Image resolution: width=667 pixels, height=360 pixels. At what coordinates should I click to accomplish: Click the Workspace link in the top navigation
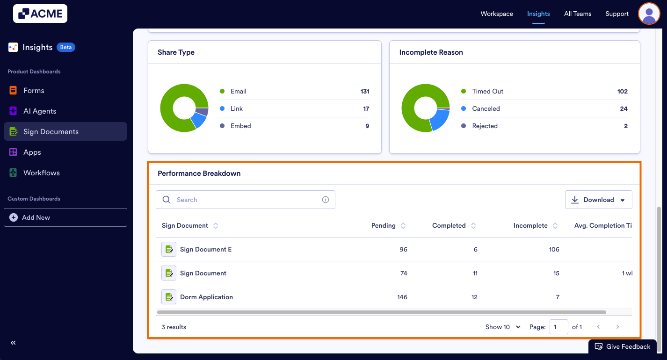(497, 14)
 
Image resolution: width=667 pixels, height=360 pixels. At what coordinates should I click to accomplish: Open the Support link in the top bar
(616, 14)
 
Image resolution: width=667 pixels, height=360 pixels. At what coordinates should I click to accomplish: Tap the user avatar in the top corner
(649, 14)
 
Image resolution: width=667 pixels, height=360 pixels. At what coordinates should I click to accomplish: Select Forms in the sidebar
(34, 90)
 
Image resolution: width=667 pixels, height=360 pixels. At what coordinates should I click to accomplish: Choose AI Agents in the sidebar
(40, 111)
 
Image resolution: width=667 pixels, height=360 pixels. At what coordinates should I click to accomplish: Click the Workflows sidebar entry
(42, 173)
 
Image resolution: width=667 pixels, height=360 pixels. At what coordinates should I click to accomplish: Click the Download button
(598, 200)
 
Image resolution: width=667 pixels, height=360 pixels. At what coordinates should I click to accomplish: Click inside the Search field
(246, 200)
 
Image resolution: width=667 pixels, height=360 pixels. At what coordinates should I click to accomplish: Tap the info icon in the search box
(326, 200)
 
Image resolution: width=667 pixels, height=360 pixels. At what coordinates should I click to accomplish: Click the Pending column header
(384, 225)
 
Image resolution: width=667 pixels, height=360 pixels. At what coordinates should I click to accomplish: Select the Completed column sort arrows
(473, 225)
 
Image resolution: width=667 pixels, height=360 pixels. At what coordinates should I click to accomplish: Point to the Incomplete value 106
(554, 249)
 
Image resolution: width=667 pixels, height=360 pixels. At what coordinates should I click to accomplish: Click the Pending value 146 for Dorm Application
(402, 297)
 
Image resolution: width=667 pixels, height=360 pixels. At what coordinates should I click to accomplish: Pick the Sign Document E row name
(206, 249)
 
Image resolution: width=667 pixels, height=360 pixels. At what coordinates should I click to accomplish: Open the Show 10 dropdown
(503, 327)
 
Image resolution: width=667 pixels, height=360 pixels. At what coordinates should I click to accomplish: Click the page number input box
(558, 327)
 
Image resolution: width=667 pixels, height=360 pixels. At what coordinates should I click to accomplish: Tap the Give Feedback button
(623, 346)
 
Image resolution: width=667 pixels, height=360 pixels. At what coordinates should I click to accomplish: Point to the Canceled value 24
(623, 108)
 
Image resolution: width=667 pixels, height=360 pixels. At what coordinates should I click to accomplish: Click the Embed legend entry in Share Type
(241, 126)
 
